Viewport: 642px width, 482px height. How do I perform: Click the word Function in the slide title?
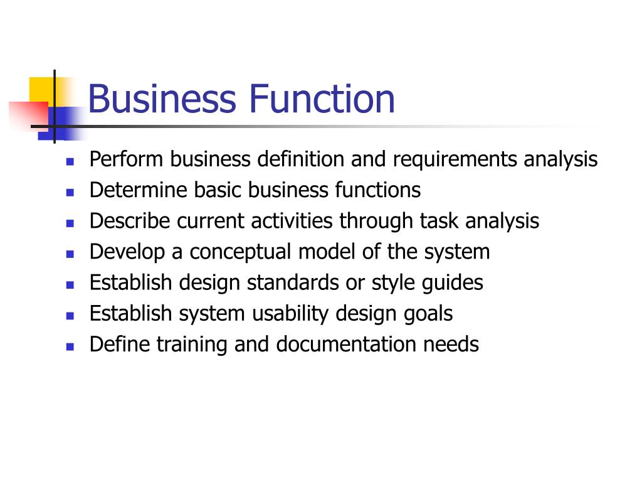click(322, 100)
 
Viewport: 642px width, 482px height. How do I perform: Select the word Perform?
click(127, 159)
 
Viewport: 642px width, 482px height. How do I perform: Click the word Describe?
click(130, 221)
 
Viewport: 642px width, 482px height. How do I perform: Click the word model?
click(329, 252)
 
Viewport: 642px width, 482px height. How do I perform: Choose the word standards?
click(293, 283)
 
